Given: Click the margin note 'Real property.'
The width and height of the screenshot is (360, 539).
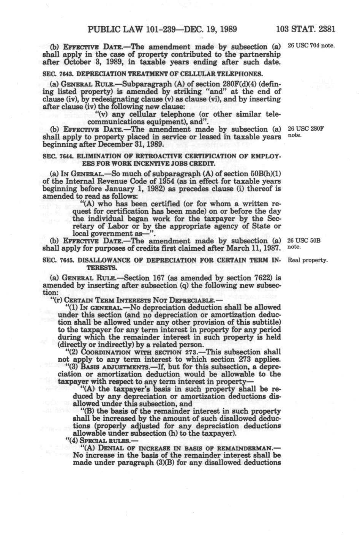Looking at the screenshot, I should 308,261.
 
